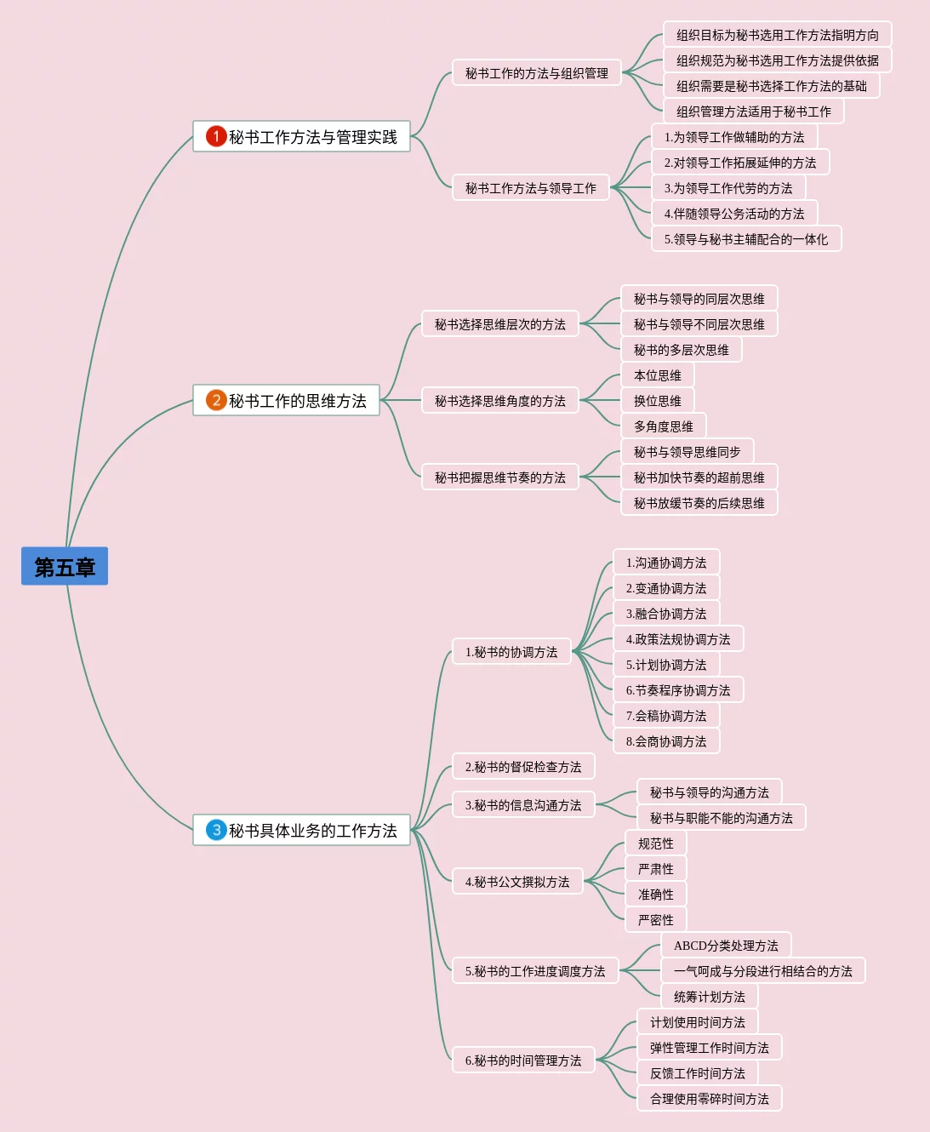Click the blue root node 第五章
(65, 566)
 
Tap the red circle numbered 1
(216, 136)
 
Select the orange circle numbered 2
(216, 400)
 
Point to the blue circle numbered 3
(216, 830)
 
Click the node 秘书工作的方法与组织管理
(536, 73)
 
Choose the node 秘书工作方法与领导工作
(530, 188)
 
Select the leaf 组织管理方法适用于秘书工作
(753, 111)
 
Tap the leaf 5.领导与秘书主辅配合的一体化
(745, 239)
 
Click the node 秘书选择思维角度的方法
(499, 401)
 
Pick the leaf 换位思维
(657, 401)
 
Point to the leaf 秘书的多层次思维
(681, 350)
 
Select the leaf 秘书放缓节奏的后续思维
(699, 503)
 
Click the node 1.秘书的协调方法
(511, 652)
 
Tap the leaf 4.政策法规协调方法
(677, 639)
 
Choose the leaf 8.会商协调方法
(665, 741)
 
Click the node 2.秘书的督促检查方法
(522, 767)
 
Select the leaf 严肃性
(655, 869)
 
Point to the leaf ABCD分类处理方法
(725, 946)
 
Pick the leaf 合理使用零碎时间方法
(709, 1099)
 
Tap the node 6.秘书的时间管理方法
(522, 1061)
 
